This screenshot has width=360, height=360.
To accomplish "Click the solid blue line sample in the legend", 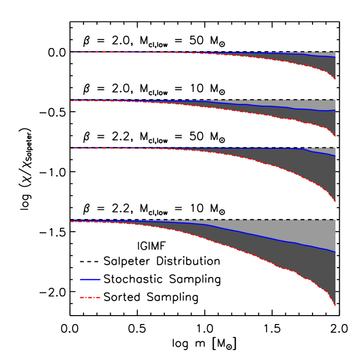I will pyautogui.click(x=90, y=280).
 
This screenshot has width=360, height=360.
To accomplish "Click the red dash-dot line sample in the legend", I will pyautogui.click(x=90, y=297).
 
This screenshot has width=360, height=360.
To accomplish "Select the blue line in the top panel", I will pyautogui.click(x=292, y=54).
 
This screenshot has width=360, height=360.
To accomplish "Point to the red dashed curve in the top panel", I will pyautogui.click(x=292, y=63).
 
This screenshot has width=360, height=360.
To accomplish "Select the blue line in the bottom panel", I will pyautogui.click(x=261, y=237).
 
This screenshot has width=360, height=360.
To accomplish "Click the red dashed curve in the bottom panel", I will pyautogui.click(x=261, y=259).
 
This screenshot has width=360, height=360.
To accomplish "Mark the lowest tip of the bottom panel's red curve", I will pyautogui.click(x=335, y=305).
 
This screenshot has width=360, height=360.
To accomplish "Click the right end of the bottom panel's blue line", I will pyautogui.click(x=335, y=252).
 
